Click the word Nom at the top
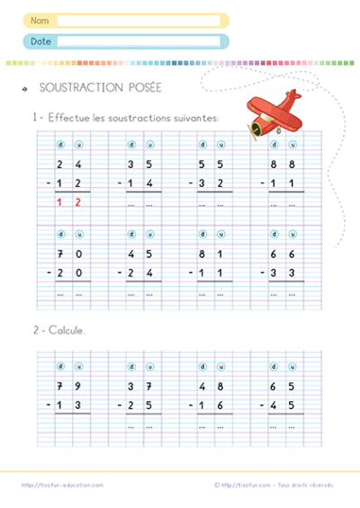[x=40, y=20]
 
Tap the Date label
[x=40, y=41]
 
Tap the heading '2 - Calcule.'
[x=59, y=331]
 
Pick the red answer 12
[x=69, y=202]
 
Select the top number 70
[x=69, y=253]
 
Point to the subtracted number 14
[x=139, y=183]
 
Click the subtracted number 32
[x=212, y=183]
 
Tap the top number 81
[x=212, y=253]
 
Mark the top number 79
[x=69, y=387]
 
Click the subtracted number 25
[x=139, y=406]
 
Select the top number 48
[x=212, y=387]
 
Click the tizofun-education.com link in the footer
[x=62, y=485]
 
